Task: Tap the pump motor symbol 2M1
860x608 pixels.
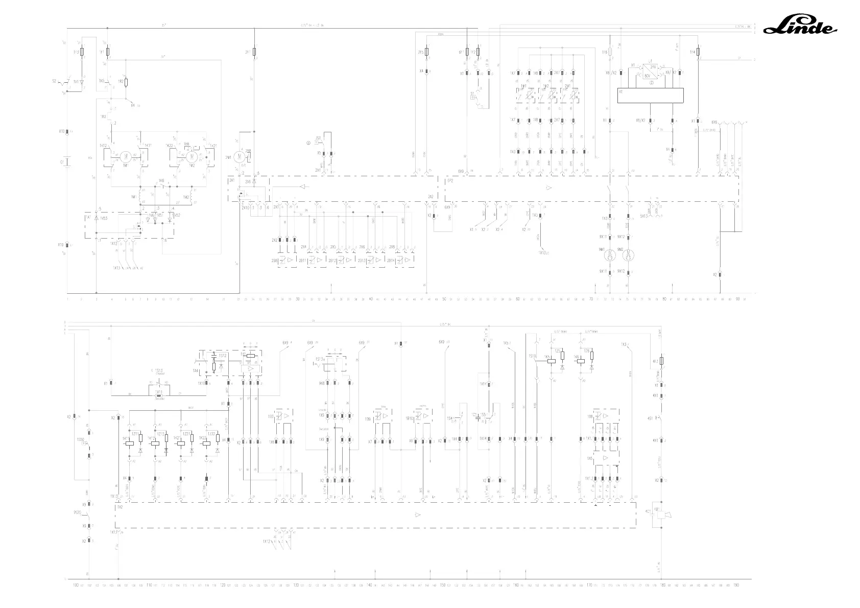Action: [x=236, y=158]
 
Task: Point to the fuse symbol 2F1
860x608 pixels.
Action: [x=254, y=52]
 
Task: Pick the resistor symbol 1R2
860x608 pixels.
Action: [x=126, y=82]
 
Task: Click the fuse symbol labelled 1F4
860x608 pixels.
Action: [x=699, y=52]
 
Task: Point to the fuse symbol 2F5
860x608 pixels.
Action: [x=427, y=52]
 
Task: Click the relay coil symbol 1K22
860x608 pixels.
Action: [x=205, y=443]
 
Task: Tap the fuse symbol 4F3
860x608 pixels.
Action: [x=662, y=361]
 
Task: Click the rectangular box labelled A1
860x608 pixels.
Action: [x=650, y=96]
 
